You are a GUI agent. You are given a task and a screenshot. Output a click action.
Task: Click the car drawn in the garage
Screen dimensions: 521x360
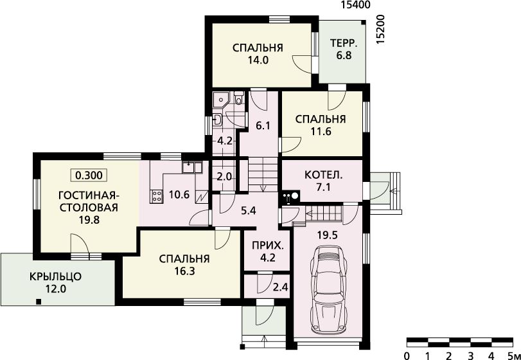[329, 289]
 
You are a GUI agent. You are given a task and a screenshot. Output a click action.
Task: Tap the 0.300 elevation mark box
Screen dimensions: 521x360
[89, 175]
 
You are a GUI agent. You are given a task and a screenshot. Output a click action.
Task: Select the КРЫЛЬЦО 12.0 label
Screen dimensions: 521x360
[55, 282]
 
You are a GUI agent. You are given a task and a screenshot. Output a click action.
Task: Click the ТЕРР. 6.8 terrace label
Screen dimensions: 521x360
[344, 49]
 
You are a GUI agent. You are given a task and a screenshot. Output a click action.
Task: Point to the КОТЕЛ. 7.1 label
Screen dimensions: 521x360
[323, 181]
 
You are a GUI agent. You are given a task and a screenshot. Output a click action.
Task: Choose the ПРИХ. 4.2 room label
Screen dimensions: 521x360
[268, 251]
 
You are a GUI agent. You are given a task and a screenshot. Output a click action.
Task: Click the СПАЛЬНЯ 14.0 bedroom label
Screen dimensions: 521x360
[258, 53]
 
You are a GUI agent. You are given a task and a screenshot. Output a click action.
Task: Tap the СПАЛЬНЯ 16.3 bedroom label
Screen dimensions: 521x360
[184, 265]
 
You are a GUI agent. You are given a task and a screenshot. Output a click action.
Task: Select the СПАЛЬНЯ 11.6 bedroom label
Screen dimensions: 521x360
[321, 125]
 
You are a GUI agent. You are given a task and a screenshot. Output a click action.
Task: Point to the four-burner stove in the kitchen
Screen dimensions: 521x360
[157, 196]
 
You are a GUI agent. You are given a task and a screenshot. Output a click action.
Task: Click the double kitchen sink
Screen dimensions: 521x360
[192, 167]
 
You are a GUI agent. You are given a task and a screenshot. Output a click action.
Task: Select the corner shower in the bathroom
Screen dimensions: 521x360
[220, 99]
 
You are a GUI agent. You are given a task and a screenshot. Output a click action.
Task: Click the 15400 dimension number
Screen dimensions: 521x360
[355, 4]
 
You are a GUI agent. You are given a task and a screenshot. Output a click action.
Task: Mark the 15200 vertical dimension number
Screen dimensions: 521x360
[381, 30]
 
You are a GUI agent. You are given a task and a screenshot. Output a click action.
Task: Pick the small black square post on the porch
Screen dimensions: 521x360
[39, 301]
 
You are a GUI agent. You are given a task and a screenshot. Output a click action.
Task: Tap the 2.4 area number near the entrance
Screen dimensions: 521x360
[281, 287]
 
